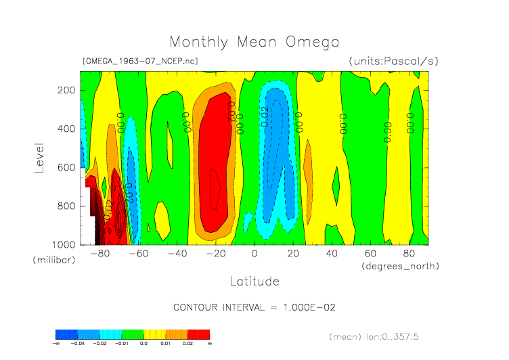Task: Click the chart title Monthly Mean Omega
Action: tap(254, 42)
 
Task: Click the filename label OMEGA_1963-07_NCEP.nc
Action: tap(140, 61)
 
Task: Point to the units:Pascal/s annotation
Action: tap(394, 61)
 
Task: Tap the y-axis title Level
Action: tap(39, 156)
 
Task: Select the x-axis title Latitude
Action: tap(254, 280)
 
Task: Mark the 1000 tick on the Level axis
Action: tap(63, 244)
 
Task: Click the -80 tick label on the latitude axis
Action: tap(100, 254)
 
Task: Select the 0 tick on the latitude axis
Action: tap(255, 254)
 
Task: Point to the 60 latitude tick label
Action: tap(370, 254)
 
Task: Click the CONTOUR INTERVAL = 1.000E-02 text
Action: tap(255, 307)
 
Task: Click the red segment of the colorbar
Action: tap(198, 334)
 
